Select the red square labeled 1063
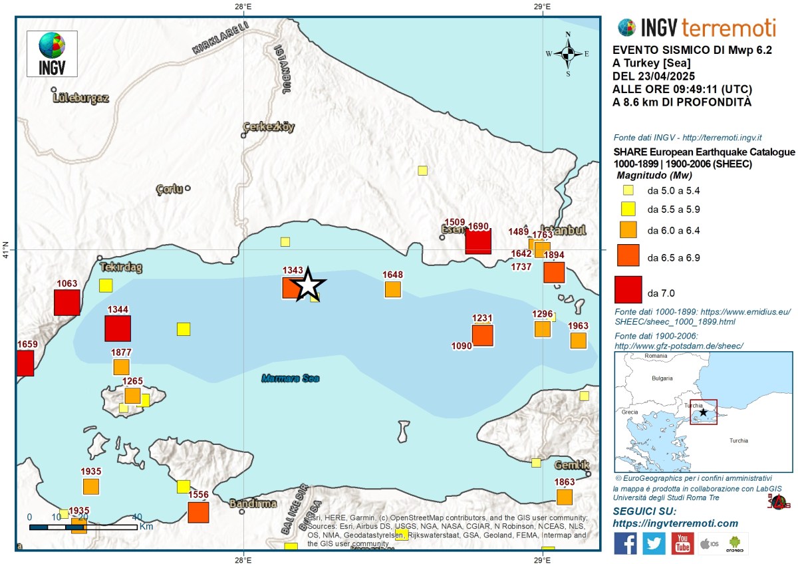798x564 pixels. [x=66, y=303]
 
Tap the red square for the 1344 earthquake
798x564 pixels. [x=118, y=329]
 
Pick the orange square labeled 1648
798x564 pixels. [x=393, y=289]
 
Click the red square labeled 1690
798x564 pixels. [x=478, y=241]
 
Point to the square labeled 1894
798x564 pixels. [x=554, y=273]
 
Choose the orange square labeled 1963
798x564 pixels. [x=578, y=341]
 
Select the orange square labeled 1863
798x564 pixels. [x=565, y=497]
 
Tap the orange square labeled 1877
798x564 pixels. [x=121, y=366]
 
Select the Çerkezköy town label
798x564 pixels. [x=269, y=126]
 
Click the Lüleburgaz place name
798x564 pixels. [x=82, y=98]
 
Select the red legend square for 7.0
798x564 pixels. [x=628, y=289]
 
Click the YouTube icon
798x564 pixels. [x=682, y=543]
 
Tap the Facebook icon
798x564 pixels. [x=625, y=543]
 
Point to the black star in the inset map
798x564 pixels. [x=703, y=412]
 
